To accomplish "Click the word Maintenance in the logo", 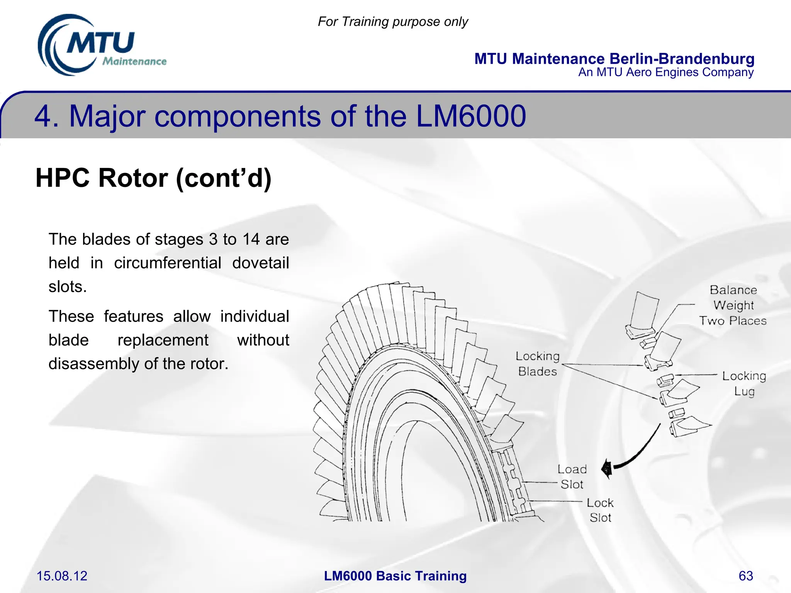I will point(134,61).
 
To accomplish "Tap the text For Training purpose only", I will point(392,22).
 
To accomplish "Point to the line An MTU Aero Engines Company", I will point(665,72).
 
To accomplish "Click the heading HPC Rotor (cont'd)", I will point(153,178).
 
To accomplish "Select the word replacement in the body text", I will point(163,340).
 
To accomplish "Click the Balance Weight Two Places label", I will point(733,305).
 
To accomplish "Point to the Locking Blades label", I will point(537,363).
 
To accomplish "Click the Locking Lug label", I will point(744,383).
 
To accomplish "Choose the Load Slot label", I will point(572,476).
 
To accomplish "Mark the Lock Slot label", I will point(600,510).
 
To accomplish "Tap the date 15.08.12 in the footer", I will point(62,576).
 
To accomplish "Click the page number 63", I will point(745,576).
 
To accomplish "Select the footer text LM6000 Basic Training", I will point(395,576).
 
